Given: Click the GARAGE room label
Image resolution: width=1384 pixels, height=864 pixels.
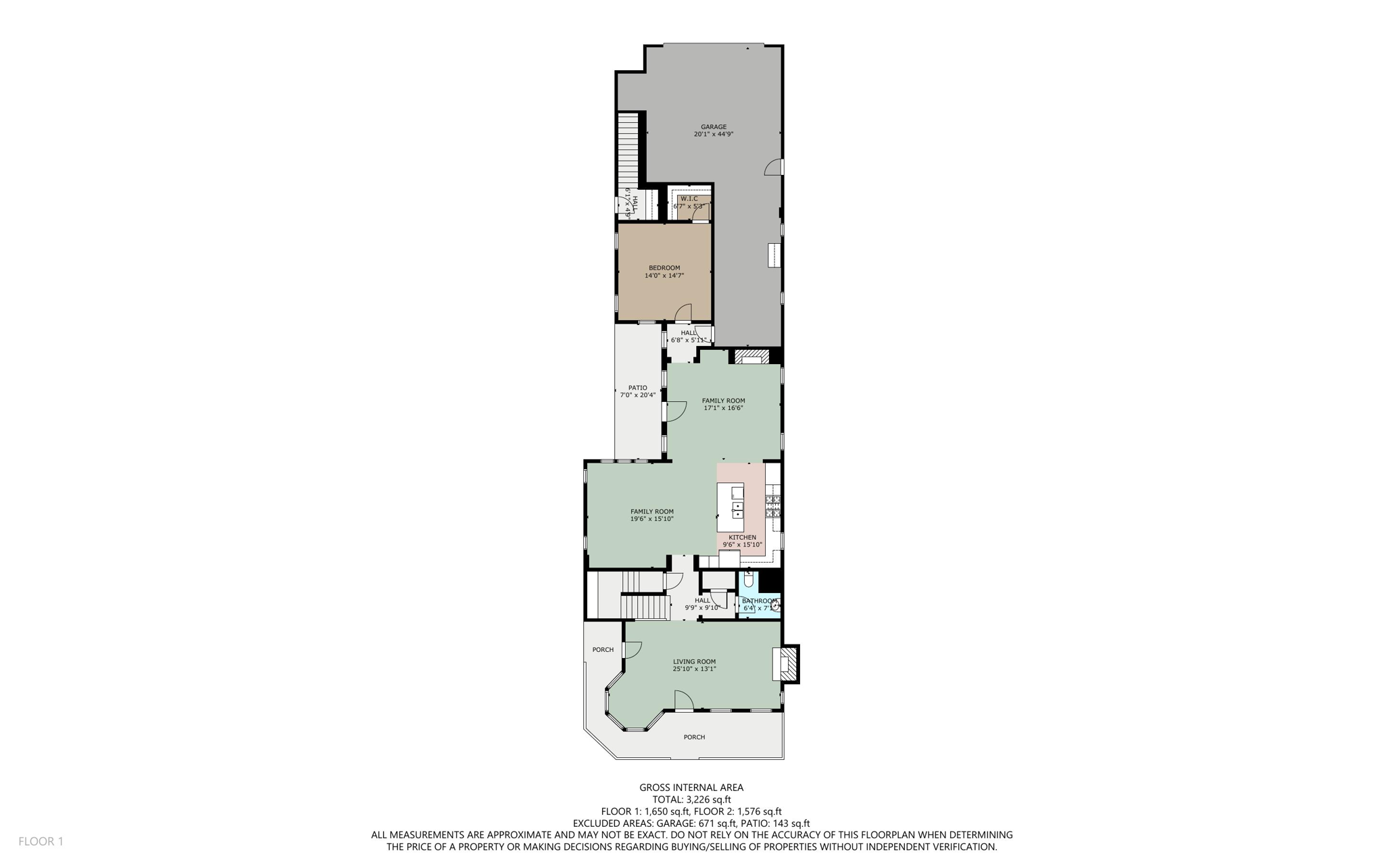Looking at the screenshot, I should click(x=713, y=127).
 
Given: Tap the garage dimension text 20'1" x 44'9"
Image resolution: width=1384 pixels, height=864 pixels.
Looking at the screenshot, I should click(x=713, y=134).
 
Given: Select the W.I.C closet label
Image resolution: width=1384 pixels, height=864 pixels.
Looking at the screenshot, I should click(x=689, y=199).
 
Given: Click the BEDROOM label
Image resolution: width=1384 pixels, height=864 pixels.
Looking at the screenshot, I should click(x=664, y=268).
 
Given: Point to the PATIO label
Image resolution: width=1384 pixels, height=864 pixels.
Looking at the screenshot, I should click(x=637, y=388).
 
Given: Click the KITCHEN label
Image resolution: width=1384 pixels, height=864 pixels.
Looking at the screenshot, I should click(x=742, y=538).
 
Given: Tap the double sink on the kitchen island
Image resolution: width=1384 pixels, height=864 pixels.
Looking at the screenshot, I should click(x=737, y=510).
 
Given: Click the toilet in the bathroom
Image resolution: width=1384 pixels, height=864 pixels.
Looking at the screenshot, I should click(x=748, y=580).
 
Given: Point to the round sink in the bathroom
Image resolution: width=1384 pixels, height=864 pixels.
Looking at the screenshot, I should click(x=775, y=607).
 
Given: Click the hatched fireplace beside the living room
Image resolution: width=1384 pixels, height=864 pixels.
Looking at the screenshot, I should click(x=790, y=665).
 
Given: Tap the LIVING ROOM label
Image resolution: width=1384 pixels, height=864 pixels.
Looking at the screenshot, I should click(x=694, y=662).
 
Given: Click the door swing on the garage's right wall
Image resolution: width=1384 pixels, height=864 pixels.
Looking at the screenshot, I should click(x=774, y=168).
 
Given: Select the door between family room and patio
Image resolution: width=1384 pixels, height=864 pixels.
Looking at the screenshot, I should click(x=674, y=411).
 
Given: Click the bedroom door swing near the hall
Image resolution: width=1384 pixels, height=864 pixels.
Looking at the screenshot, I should click(x=683, y=313).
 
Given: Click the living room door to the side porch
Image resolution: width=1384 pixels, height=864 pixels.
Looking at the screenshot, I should click(x=633, y=649).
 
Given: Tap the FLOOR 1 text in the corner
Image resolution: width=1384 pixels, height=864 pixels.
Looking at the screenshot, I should click(x=41, y=841).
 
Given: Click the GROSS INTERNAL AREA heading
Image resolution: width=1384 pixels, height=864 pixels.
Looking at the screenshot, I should click(x=691, y=787).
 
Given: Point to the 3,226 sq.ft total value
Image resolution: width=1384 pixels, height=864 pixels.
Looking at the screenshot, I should click(x=708, y=799).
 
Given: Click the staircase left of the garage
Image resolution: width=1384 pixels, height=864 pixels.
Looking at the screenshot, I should click(x=628, y=152).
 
